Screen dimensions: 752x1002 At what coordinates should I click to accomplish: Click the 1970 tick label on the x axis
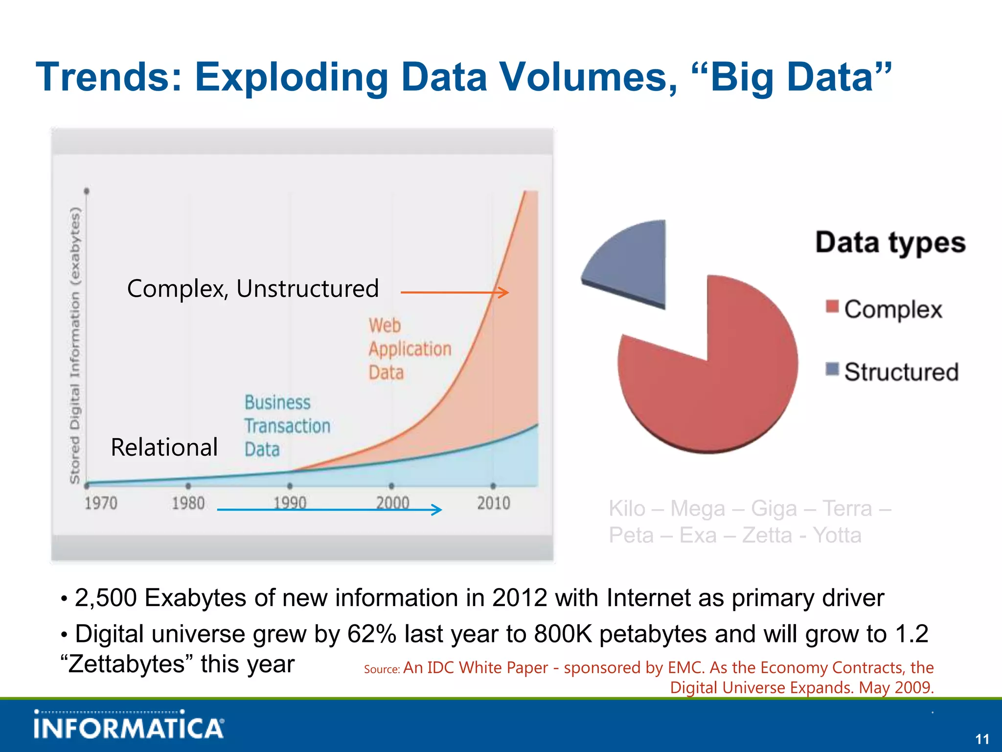pos(101,503)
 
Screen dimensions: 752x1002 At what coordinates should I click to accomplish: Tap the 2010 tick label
pos(493,503)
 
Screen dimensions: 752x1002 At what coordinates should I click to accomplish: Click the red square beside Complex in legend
pos(832,307)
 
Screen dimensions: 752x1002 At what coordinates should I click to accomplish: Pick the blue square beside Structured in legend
pos(832,369)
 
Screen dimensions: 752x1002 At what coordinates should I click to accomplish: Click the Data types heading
pos(890,242)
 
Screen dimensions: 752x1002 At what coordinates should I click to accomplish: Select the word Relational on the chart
pos(164,447)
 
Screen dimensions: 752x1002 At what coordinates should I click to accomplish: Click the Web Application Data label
pos(409,349)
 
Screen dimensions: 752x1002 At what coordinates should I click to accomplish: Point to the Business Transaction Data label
pos(287,425)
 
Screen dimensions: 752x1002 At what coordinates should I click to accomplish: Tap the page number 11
pos(982,739)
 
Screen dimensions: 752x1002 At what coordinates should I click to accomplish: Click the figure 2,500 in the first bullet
pos(105,598)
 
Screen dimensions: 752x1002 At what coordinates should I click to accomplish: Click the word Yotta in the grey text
pos(837,535)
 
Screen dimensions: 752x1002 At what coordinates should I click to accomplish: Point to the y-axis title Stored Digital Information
pos(74,345)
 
